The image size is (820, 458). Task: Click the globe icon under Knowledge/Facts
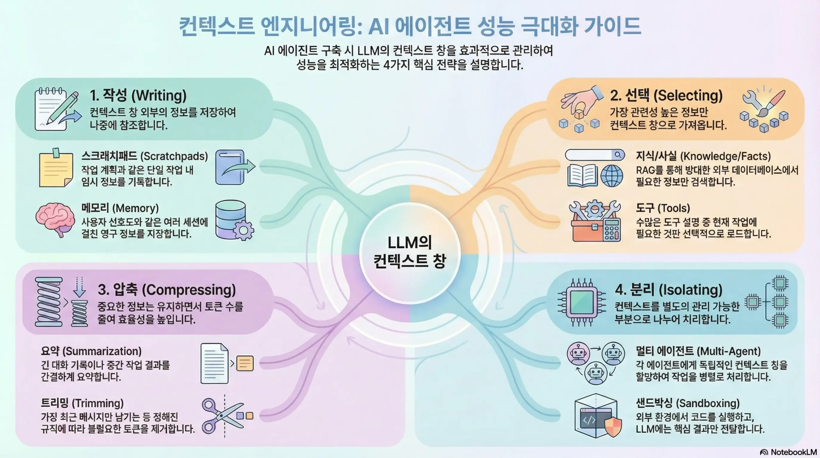[611, 176]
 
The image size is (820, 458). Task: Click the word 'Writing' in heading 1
[159, 95]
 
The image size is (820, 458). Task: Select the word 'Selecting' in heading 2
[688, 95]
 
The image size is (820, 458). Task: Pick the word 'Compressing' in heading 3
[189, 290]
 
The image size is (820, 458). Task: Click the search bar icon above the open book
[594, 155]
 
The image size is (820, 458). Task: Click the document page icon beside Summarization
[214, 363]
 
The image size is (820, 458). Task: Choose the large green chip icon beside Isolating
[581, 302]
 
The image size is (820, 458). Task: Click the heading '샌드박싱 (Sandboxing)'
[688, 403]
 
